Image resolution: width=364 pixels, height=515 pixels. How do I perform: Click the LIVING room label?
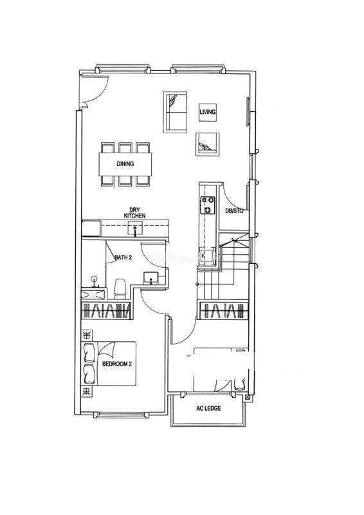(208, 112)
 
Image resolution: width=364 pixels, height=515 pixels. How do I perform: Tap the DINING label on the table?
(125, 164)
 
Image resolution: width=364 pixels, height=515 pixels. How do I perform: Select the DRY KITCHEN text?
(134, 212)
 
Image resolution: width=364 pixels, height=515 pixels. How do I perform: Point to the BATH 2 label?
(123, 257)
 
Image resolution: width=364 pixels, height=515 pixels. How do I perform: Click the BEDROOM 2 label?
(117, 364)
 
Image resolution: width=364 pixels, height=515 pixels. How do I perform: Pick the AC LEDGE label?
(208, 408)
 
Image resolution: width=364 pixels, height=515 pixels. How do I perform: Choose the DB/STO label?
(234, 211)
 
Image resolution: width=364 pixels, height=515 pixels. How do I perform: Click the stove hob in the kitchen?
(208, 205)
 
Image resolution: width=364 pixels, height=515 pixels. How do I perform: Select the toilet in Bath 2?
(120, 289)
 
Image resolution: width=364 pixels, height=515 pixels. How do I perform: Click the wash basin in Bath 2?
(150, 278)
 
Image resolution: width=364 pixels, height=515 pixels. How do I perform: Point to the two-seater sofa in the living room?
(176, 112)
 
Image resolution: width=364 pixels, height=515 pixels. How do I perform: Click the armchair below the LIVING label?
(208, 144)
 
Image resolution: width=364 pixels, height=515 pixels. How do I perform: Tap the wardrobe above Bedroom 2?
(106, 310)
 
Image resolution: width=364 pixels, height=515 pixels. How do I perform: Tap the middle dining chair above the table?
(125, 147)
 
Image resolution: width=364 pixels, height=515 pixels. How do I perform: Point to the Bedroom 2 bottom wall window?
(122, 415)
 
